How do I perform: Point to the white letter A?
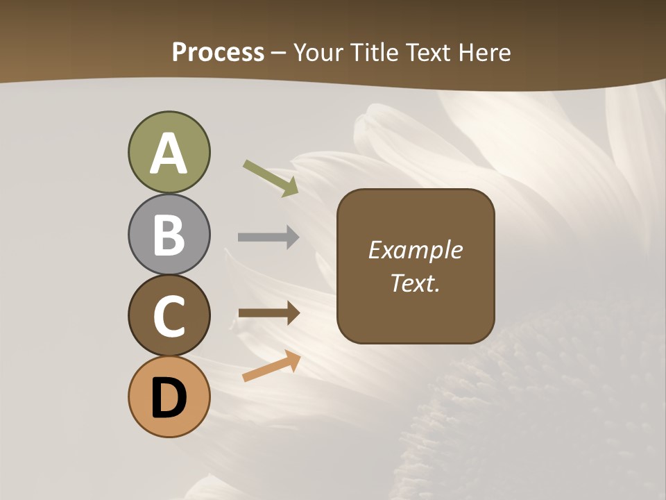[169, 154]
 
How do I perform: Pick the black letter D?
[169, 398]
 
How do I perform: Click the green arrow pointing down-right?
[271, 178]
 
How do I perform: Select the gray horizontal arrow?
[268, 237]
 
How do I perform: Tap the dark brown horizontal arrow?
[268, 313]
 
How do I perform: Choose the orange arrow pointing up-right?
[271, 366]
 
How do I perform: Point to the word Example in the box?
[415, 251]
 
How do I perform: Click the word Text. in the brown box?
[415, 283]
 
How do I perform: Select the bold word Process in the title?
[218, 52]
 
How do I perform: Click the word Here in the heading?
[484, 52]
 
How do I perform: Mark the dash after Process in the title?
[279, 53]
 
